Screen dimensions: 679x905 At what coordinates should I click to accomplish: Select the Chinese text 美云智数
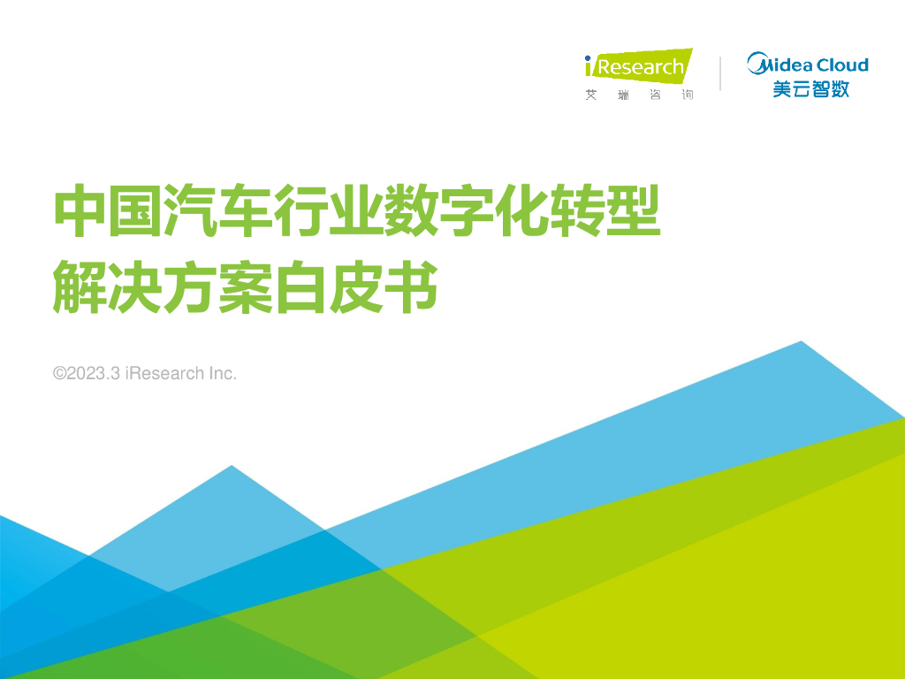coord(810,88)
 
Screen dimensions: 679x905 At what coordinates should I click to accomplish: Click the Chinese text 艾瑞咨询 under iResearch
coord(638,95)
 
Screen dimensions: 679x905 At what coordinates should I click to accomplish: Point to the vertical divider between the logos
coord(720,73)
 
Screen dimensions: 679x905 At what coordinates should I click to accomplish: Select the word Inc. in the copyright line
coord(223,374)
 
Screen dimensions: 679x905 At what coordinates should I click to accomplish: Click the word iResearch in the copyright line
coord(164,374)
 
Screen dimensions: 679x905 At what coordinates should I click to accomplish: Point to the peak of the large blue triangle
coord(801,343)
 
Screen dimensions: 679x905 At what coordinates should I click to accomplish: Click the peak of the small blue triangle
coord(232,468)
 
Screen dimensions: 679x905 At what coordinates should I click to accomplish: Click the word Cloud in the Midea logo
coord(841,65)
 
